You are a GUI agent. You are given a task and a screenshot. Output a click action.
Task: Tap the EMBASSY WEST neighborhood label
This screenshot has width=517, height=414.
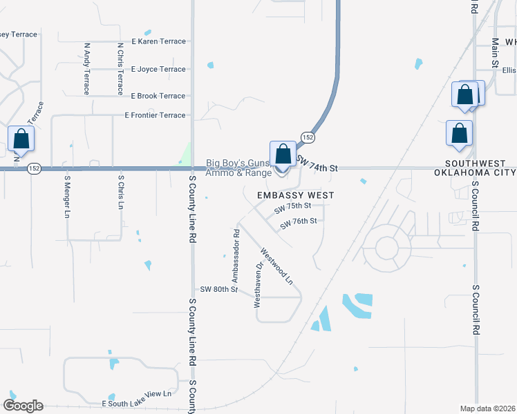tap(295, 195)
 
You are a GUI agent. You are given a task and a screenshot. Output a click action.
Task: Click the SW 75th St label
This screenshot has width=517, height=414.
tap(292, 206)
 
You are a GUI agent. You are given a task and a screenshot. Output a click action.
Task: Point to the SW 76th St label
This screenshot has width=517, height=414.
tap(298, 221)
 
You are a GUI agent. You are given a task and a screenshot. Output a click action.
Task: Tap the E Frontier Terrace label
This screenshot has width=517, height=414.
tap(155, 115)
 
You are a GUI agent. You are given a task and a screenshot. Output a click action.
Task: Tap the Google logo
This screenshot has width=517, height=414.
tap(23, 406)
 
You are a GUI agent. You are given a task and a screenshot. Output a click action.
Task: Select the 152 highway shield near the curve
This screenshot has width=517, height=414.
tap(308, 138)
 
